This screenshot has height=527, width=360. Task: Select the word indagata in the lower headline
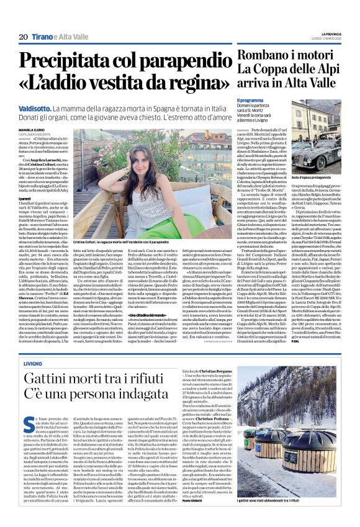tap(155, 395)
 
